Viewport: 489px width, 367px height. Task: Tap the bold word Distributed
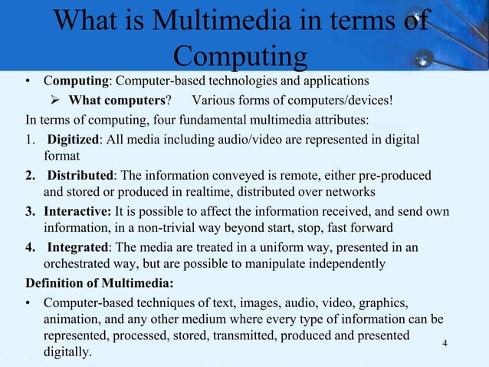click(x=78, y=175)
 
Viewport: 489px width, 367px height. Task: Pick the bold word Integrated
click(x=77, y=246)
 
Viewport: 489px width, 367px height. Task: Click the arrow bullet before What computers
click(x=58, y=100)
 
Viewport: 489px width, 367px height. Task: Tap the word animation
click(x=73, y=319)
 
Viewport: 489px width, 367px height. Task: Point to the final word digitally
click(x=67, y=353)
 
